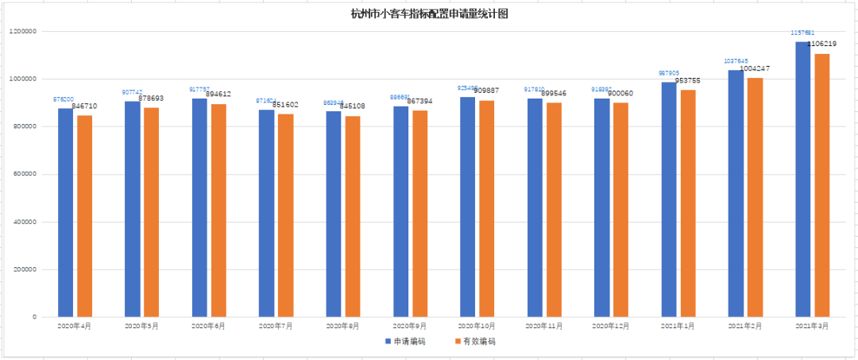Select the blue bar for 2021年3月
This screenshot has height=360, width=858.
click(802, 179)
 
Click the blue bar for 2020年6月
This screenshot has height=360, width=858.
click(199, 207)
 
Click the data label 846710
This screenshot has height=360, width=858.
click(85, 106)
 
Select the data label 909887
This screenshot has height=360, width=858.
click(485, 91)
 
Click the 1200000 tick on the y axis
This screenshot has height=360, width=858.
click(23, 31)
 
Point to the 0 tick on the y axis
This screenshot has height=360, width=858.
click(34, 317)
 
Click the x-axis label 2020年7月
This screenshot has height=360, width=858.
click(276, 327)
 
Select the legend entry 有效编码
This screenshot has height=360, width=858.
click(473, 342)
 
